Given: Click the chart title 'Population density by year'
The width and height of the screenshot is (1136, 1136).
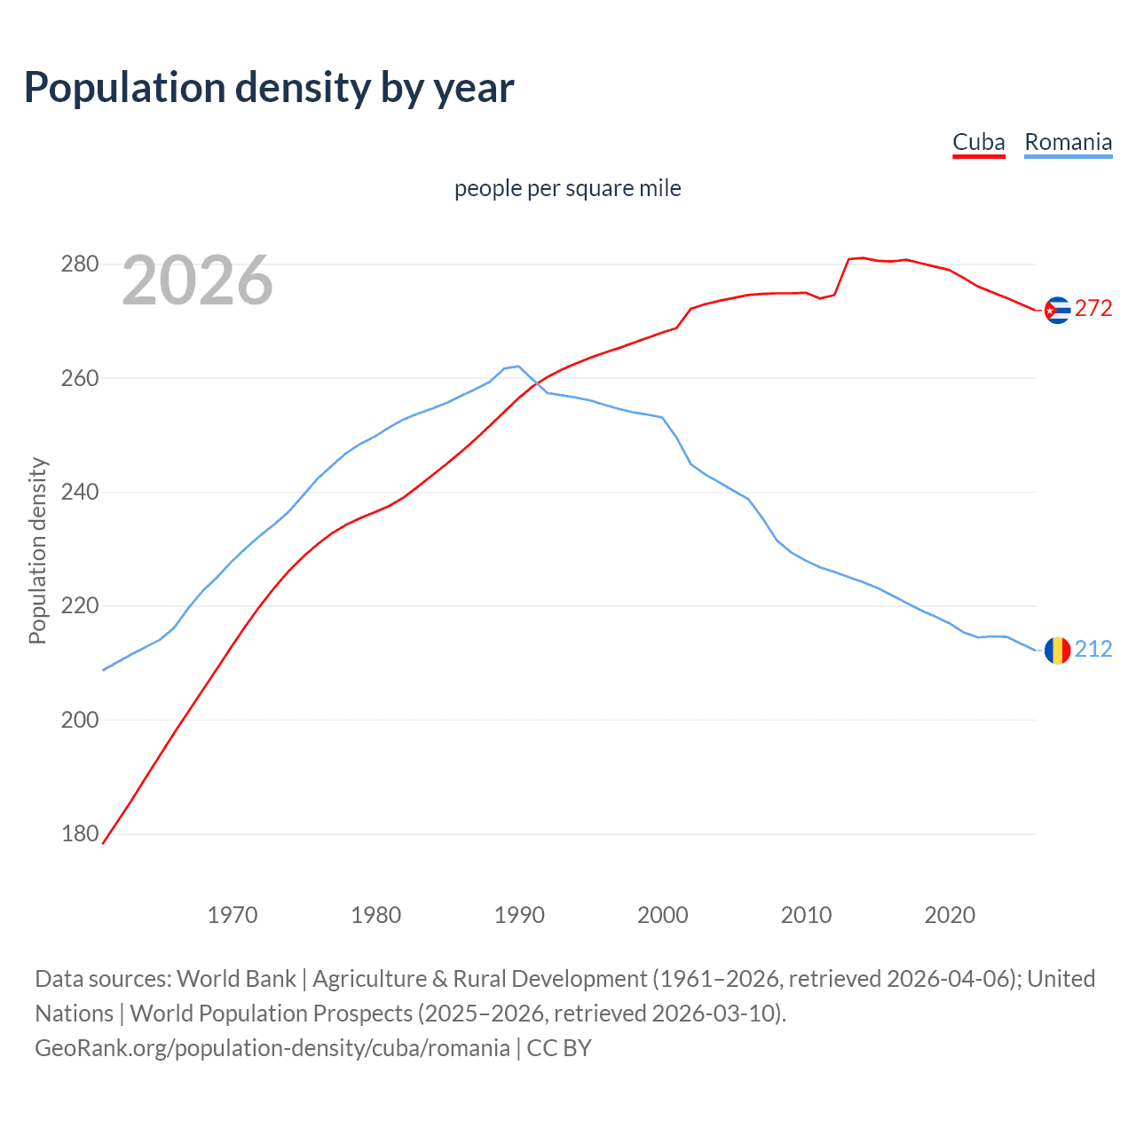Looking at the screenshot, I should coord(269,88).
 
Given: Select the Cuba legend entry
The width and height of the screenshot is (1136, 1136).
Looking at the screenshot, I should coord(978,142).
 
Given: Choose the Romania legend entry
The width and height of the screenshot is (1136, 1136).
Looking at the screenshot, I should coord(1068,142).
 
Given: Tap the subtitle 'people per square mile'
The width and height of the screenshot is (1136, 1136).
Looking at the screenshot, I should coord(567,188).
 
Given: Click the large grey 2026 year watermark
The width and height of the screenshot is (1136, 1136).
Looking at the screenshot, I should coord(197,280).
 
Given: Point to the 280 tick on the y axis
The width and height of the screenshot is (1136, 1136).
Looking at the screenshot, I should coord(79,264).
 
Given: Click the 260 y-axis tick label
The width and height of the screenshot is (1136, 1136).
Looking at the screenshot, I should coord(79,378).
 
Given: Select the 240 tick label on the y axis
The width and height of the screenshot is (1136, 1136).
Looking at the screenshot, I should coord(79,492).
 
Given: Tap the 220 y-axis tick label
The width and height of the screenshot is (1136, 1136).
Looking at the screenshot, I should coord(79,606).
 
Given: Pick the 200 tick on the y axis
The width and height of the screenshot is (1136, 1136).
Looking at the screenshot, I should coord(79,720).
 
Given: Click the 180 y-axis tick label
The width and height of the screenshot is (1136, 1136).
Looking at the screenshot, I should coord(79,833).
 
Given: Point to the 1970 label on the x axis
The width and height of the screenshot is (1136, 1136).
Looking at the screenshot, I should coord(233,915).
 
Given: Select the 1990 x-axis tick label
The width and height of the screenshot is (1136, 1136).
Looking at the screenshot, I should coord(519,915).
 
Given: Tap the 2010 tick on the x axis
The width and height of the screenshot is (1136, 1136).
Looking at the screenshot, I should coord(806,915).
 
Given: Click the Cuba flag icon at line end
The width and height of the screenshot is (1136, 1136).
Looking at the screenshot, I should coord(1057,310).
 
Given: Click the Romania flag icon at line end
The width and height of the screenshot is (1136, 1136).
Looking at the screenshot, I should coord(1057,651).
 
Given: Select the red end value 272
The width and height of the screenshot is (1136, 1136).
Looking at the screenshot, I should coord(1093,308).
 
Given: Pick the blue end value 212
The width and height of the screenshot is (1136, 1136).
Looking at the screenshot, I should coord(1093,649).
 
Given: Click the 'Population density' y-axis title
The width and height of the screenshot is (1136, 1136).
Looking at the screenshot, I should coord(37,550).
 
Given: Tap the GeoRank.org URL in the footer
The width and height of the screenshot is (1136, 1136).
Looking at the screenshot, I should coord(272,1048).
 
